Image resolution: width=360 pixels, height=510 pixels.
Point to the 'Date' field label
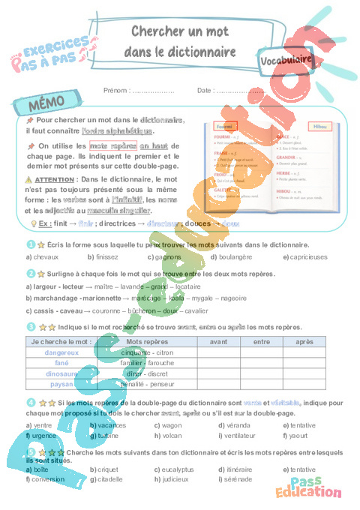205,90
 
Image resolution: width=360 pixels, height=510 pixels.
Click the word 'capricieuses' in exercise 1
308,256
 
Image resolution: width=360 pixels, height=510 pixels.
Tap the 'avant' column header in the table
218,340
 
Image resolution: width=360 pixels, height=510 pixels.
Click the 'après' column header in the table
305,340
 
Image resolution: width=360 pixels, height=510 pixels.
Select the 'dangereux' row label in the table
61,352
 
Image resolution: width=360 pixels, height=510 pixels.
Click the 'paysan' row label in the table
61,383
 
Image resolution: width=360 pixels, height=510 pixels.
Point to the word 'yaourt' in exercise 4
299,434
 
